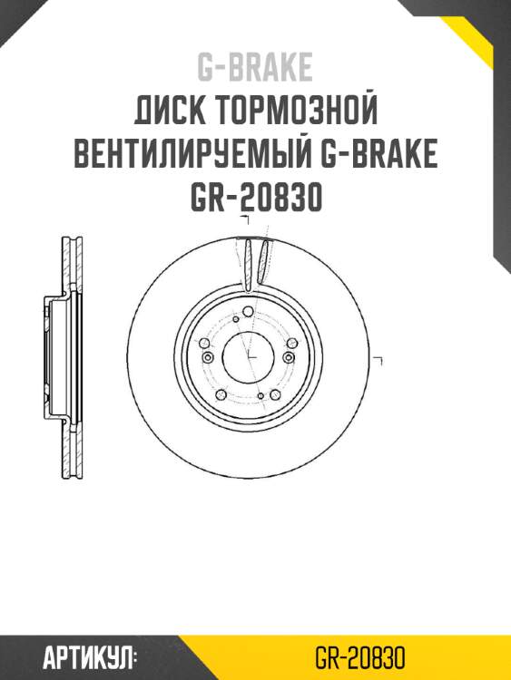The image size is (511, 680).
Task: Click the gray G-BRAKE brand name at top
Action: coord(255,67)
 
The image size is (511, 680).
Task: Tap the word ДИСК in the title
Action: coord(171,112)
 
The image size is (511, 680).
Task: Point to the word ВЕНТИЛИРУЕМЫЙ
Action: coord(192,157)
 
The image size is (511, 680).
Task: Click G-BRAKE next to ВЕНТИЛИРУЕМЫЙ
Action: coord(378,157)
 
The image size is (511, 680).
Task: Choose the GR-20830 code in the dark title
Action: coord(256,199)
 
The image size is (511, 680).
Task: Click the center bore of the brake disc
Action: coord(249,357)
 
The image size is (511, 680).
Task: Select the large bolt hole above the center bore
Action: coord(249,313)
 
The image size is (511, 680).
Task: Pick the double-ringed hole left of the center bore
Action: coord(207,359)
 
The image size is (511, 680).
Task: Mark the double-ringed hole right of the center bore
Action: coord(290,359)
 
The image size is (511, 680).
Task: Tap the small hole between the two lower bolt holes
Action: coord(260,396)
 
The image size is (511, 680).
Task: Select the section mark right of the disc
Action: coord(380,361)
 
